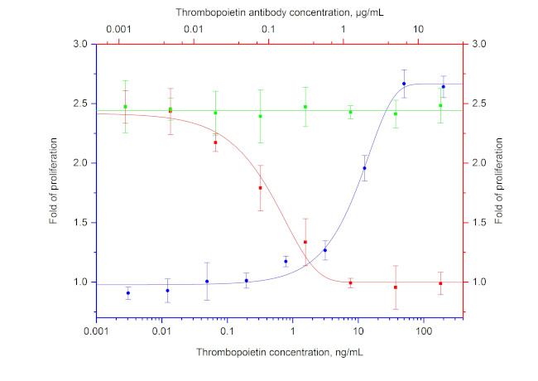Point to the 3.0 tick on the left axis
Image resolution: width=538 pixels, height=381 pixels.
80,44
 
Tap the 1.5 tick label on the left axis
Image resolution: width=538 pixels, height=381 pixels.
80,223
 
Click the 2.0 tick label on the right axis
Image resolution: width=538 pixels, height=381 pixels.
479,163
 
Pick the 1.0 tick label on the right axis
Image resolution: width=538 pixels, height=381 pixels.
479,282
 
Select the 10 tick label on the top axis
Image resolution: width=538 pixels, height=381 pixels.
420,31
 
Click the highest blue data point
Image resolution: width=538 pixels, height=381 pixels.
404,84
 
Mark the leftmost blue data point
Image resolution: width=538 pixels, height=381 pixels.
127,293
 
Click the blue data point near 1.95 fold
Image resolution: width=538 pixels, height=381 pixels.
364,168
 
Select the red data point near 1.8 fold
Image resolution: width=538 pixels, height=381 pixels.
260,188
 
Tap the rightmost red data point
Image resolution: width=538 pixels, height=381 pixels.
440,283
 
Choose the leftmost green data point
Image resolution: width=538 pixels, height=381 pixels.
125,107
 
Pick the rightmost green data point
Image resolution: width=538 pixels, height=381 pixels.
440,105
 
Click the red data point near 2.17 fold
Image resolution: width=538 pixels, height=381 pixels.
215,142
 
